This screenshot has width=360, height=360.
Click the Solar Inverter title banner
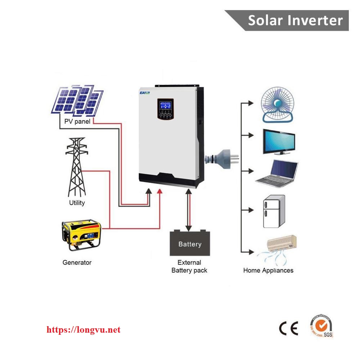295,20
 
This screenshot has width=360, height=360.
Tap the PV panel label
77,122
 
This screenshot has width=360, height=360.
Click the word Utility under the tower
77,203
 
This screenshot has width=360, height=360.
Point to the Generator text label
77,262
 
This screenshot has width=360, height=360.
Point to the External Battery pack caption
189,266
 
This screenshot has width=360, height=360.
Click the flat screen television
278,142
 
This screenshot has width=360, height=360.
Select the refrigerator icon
274,211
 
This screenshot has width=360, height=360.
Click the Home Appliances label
268,270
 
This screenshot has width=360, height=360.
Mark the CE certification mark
289,328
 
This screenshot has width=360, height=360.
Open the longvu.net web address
84,330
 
